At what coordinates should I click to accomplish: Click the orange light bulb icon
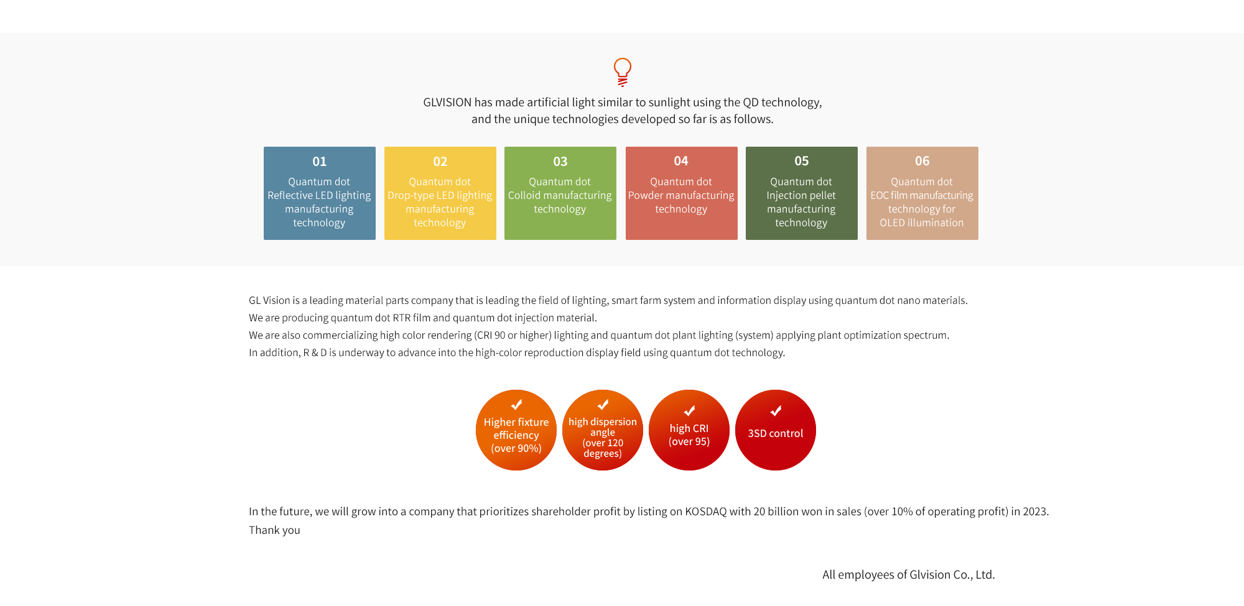point(622,72)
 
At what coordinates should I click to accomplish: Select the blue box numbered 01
point(320,193)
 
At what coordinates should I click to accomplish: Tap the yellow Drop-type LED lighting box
point(440,193)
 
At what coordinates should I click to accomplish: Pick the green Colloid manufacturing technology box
point(560,193)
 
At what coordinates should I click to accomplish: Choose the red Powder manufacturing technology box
point(682,193)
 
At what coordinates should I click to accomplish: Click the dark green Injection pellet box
point(802,193)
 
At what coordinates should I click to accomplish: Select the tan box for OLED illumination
point(922,193)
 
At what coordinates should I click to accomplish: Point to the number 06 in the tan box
point(922,161)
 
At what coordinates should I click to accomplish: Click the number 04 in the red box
point(681,161)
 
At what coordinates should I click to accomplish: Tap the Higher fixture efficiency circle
point(516,430)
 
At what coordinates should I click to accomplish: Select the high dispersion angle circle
point(603,430)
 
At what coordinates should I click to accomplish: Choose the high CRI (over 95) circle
point(689,430)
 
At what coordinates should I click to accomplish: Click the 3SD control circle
point(776,430)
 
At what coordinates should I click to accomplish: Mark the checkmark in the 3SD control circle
point(776,411)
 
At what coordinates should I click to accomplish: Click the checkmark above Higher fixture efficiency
point(516,405)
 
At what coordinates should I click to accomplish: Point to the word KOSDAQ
point(706,512)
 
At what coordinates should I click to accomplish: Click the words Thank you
point(274,530)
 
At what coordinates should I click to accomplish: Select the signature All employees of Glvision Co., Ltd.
point(909,575)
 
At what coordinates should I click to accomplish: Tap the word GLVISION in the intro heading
point(447,103)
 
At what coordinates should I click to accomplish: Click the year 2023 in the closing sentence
point(1035,512)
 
